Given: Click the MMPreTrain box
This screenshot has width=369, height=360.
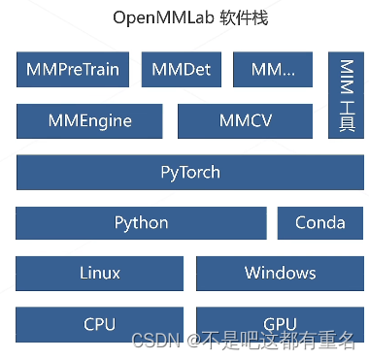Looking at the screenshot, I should pos(73,70).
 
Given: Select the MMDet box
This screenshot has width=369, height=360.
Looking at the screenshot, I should pos(182,70).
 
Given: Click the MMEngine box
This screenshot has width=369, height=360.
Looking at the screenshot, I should pos(90,121).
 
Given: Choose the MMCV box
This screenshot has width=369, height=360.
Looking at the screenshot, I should pos(245,121).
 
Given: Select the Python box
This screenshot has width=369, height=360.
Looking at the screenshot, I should pos(141,222).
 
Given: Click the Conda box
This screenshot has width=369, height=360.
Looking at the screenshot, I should pos(319,222).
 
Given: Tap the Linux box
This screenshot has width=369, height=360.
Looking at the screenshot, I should pos(100,273).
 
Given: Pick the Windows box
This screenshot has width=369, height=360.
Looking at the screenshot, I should pos(280,273).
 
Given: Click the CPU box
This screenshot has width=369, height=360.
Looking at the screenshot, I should pos(100,323).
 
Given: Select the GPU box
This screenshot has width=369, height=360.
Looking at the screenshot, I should pos(280,323).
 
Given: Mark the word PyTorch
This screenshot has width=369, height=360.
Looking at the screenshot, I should pos(190,173).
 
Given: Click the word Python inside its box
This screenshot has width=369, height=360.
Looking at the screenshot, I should pos(141,222).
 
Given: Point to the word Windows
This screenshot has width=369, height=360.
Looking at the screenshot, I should pos(280,273).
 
